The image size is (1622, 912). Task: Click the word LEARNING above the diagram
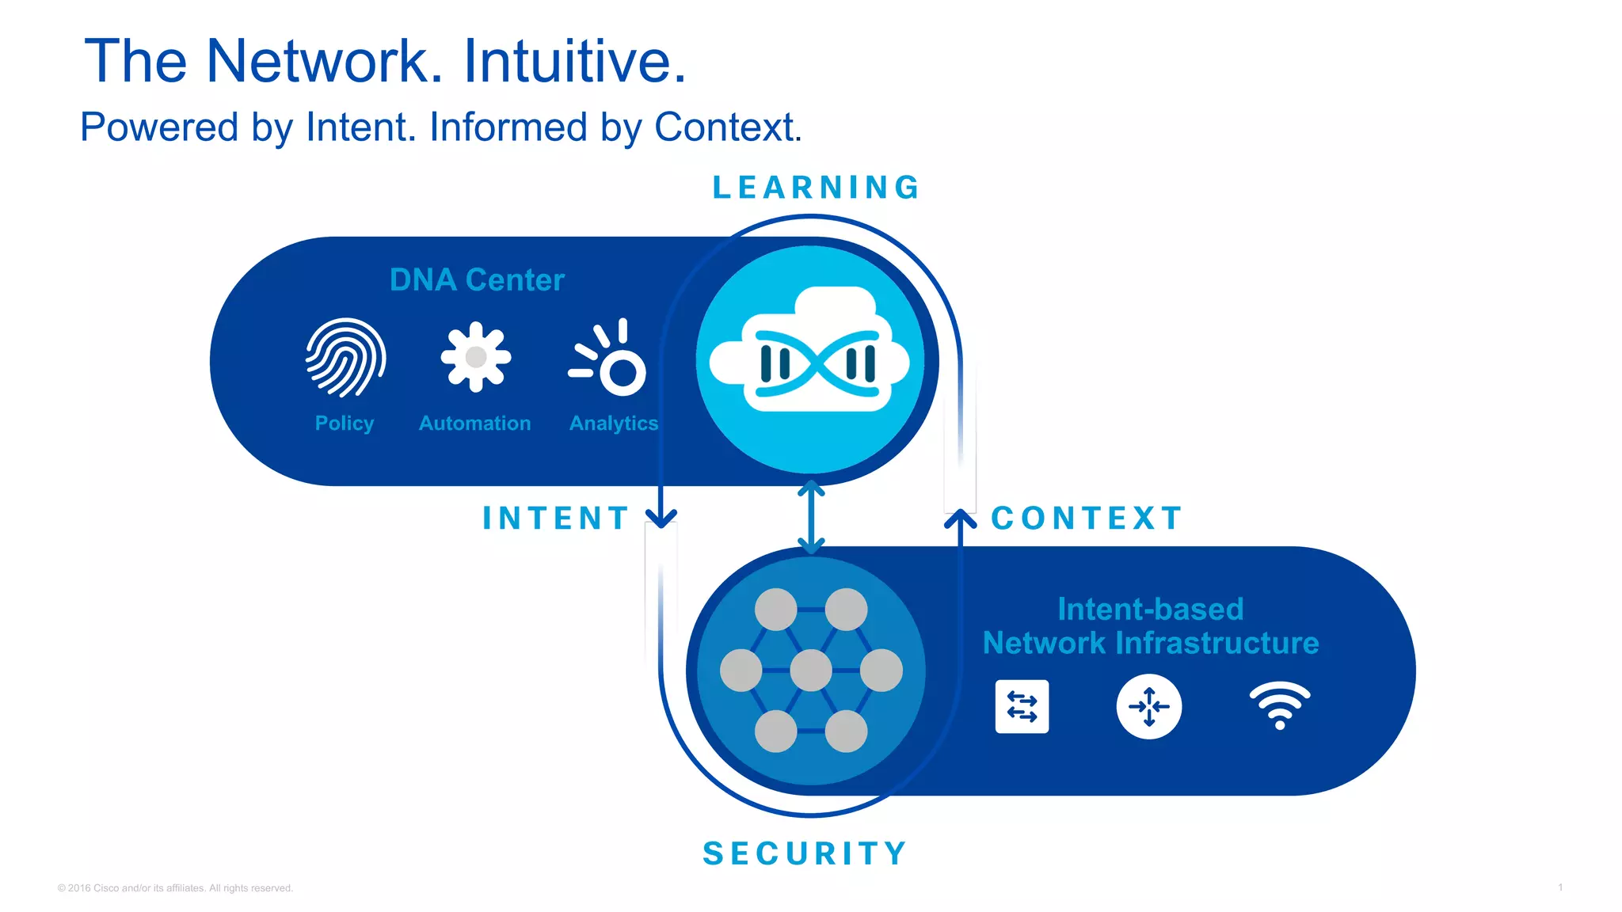pyautogui.click(x=816, y=188)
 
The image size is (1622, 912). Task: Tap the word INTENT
pyautogui.click(x=556, y=519)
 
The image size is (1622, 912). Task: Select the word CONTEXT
pyautogui.click(x=1087, y=519)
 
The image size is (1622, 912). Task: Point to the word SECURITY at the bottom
pyautogui.click(x=805, y=853)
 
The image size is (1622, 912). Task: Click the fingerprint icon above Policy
pyautogui.click(x=345, y=358)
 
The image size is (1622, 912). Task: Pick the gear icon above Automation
pyautogui.click(x=475, y=356)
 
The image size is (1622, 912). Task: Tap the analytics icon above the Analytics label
pyautogui.click(x=610, y=358)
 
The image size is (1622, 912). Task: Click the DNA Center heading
pyautogui.click(x=477, y=279)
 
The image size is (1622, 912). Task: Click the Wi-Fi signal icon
pyautogui.click(x=1279, y=705)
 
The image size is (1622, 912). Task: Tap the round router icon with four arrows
pyautogui.click(x=1148, y=706)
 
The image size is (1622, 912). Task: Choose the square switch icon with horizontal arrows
pyautogui.click(x=1022, y=706)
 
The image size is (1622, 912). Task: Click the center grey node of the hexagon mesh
pyautogui.click(x=811, y=670)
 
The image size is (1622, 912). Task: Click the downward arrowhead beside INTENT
pyautogui.click(x=661, y=518)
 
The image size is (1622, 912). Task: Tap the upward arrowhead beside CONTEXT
pyautogui.click(x=960, y=519)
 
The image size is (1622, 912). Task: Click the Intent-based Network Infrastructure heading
pyautogui.click(x=1150, y=626)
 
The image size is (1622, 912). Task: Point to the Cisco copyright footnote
pyautogui.click(x=175, y=888)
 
